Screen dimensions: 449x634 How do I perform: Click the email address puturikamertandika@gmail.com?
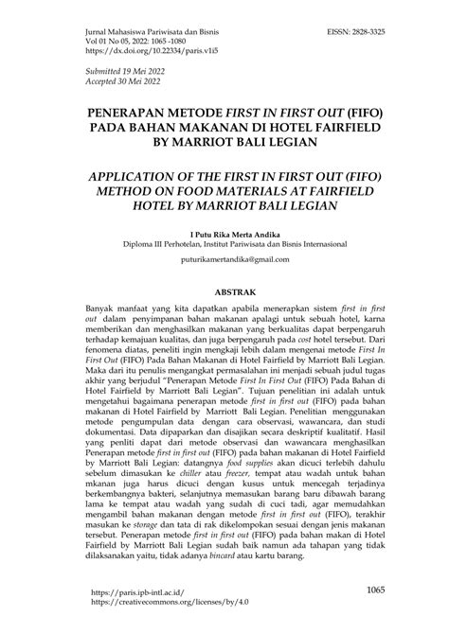click(x=224, y=260)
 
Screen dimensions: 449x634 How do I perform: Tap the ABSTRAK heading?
click(x=224, y=293)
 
